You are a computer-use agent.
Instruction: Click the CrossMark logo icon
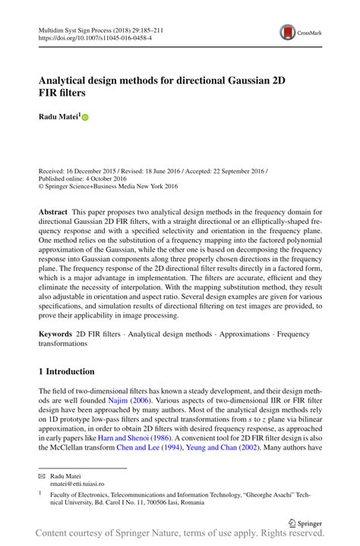click(x=288, y=31)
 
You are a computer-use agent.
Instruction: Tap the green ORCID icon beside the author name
click(x=85, y=118)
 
